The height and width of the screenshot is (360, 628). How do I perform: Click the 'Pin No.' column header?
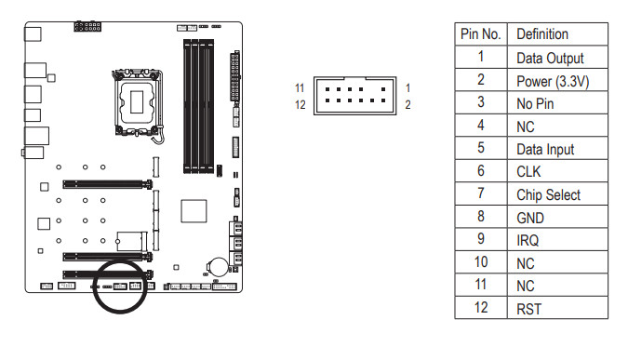click(481, 34)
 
